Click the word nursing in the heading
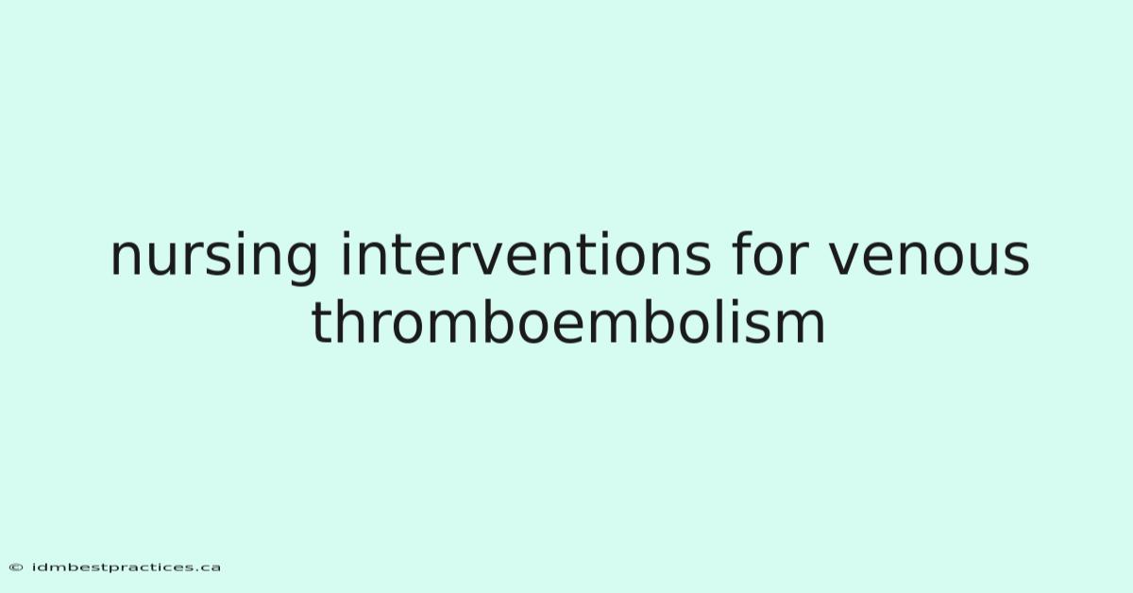point(214,257)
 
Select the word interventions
point(526,254)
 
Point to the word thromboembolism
point(568,321)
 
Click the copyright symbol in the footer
point(16,568)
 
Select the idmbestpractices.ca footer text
point(126,568)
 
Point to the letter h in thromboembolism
point(354,321)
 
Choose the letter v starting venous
point(847,259)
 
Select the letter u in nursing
point(170,259)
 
